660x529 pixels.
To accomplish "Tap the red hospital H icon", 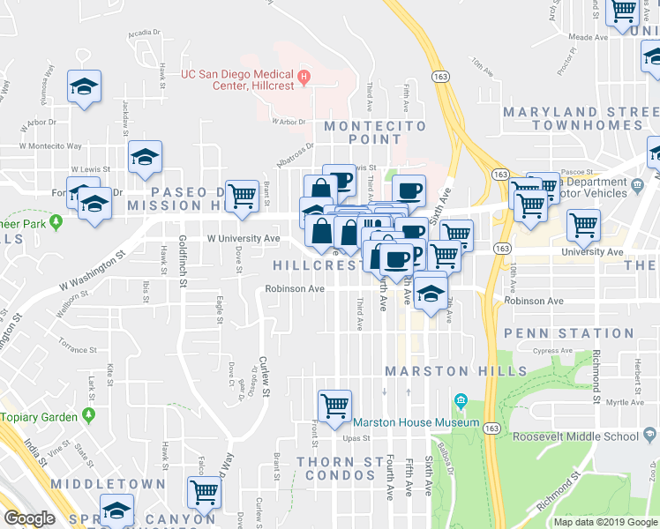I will coord(304,77).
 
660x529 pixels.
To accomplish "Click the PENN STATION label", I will coord(568,333).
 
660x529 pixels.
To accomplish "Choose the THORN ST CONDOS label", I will coord(335,468).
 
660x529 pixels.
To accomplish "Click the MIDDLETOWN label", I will coord(108,484).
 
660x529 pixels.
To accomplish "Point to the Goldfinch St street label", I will coord(183,261).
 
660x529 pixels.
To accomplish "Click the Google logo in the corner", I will coord(29,518).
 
